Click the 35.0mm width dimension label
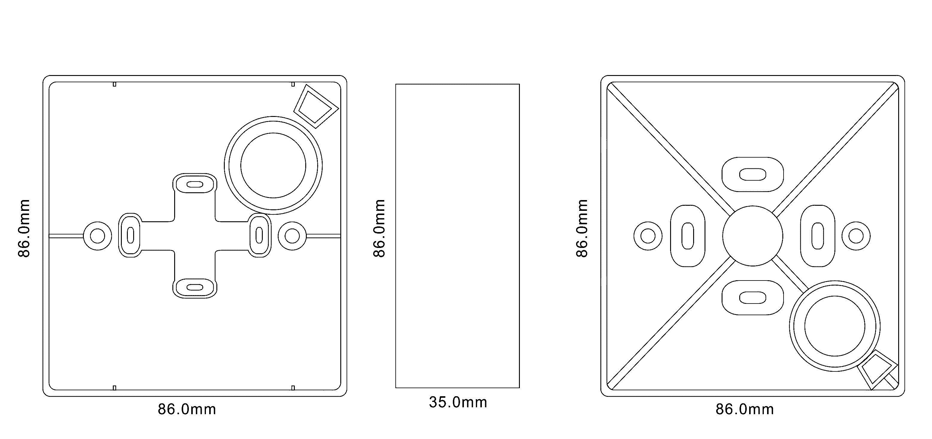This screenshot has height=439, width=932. (x=458, y=402)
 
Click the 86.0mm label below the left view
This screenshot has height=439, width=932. (x=187, y=409)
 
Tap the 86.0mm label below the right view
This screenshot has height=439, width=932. (x=745, y=409)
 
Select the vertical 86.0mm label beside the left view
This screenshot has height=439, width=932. (x=24, y=228)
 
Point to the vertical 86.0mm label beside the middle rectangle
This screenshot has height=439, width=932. (x=379, y=228)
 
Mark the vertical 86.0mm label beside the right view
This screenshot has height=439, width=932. (x=582, y=228)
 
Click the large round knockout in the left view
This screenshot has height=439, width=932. (x=273, y=165)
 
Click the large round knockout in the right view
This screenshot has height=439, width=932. (x=835, y=326)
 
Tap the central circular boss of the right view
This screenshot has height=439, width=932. (x=752, y=236)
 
